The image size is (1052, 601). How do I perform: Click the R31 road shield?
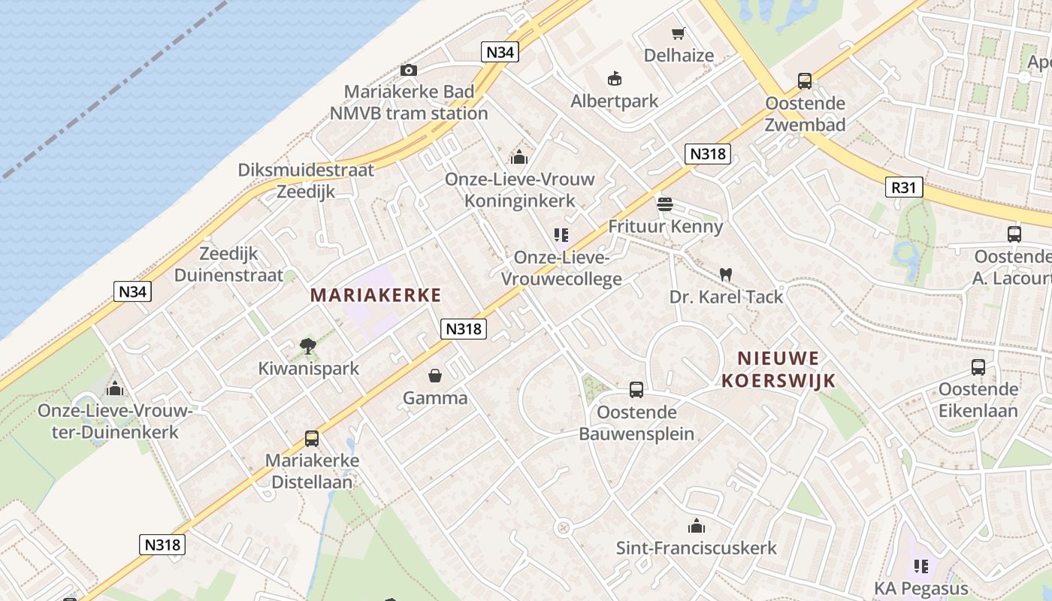click(x=903, y=187)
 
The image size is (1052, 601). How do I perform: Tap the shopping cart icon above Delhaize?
click(x=679, y=33)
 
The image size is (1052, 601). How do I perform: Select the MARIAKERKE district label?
click(x=376, y=295)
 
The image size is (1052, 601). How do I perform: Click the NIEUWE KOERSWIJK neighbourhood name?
click(x=778, y=369)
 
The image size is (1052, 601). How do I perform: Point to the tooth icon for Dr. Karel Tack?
click(x=725, y=275)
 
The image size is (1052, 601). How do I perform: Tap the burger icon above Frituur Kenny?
click(x=664, y=204)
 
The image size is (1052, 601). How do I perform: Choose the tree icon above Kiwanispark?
click(x=307, y=346)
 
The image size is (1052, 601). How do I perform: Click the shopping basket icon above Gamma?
click(x=435, y=376)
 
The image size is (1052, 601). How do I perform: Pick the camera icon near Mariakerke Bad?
click(x=409, y=70)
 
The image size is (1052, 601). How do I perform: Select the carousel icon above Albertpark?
click(x=615, y=78)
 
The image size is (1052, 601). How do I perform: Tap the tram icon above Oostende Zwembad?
click(x=805, y=81)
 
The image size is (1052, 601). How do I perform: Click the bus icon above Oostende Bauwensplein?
click(x=636, y=389)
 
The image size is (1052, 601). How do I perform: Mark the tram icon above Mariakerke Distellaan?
click(x=312, y=439)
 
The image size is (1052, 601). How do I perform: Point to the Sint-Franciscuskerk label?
click(x=697, y=548)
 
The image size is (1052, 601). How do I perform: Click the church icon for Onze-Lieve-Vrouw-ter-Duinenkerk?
click(x=115, y=388)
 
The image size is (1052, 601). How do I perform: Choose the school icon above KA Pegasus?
click(x=920, y=566)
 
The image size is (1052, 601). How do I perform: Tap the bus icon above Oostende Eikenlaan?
click(x=978, y=367)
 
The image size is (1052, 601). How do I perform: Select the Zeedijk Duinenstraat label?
click(x=228, y=264)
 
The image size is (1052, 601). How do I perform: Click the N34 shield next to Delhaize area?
click(x=500, y=52)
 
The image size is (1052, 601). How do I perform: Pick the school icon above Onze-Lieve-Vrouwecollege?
click(x=561, y=235)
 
